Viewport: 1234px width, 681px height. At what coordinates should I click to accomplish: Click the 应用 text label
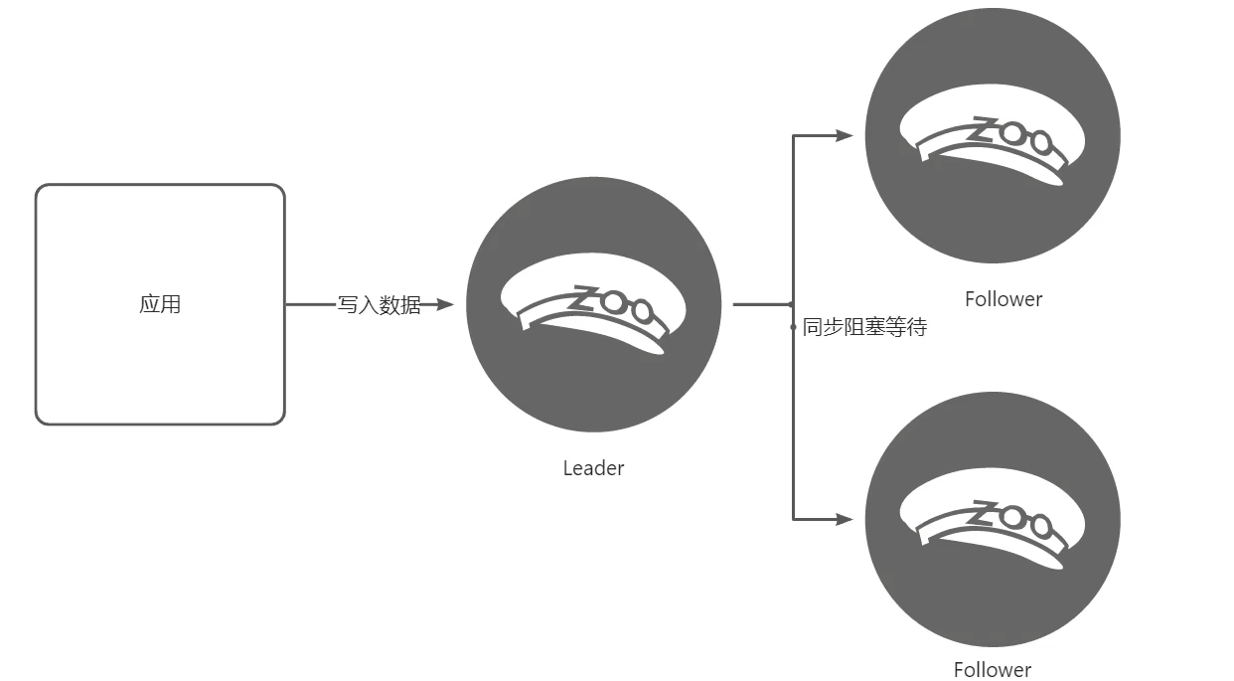(160, 304)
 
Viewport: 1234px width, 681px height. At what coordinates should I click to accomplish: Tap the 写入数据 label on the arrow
(379, 305)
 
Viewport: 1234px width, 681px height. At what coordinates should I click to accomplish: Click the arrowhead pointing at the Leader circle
(444, 304)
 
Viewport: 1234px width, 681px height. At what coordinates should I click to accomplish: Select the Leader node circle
(593, 304)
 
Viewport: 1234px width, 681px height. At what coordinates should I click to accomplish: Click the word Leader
(593, 468)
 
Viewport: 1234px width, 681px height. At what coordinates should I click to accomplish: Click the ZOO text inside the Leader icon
(611, 303)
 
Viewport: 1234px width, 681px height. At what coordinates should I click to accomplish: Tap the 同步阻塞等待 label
(864, 327)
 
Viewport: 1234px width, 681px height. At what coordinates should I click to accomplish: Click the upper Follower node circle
(993, 135)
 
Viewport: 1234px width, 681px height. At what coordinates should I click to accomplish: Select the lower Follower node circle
(993, 519)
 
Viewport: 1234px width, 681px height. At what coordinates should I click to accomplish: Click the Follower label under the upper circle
(1003, 299)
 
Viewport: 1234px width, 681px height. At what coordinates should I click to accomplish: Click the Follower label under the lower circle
(993, 670)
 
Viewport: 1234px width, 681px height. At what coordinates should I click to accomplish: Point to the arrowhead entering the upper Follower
(844, 135)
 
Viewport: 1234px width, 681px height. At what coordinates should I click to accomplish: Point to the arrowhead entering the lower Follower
(844, 519)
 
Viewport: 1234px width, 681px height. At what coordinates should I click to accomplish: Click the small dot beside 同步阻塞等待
(793, 327)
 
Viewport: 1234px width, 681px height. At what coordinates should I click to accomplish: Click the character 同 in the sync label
(812, 327)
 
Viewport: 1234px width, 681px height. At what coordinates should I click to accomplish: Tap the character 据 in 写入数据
(411, 305)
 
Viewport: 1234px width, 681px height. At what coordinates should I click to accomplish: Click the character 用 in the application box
(171, 304)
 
